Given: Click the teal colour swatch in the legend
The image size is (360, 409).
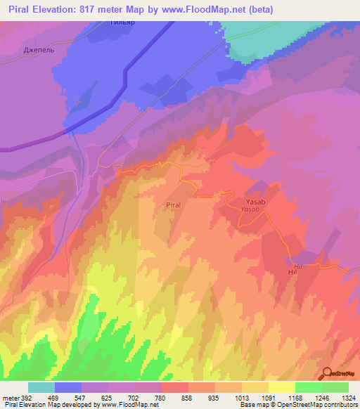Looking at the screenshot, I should pyautogui.click(x=41, y=387).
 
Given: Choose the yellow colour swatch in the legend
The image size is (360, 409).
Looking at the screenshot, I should pyautogui.click(x=281, y=387).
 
